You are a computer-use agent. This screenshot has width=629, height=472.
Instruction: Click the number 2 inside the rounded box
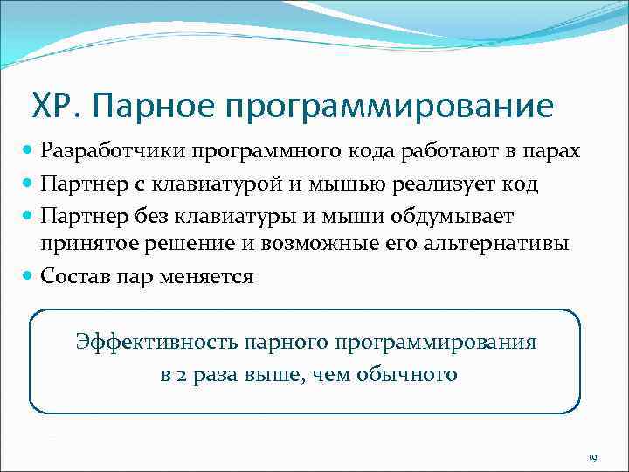point(181,376)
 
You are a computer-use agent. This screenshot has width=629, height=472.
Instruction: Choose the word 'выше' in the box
point(271,376)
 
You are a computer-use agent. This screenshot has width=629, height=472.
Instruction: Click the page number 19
point(591,458)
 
